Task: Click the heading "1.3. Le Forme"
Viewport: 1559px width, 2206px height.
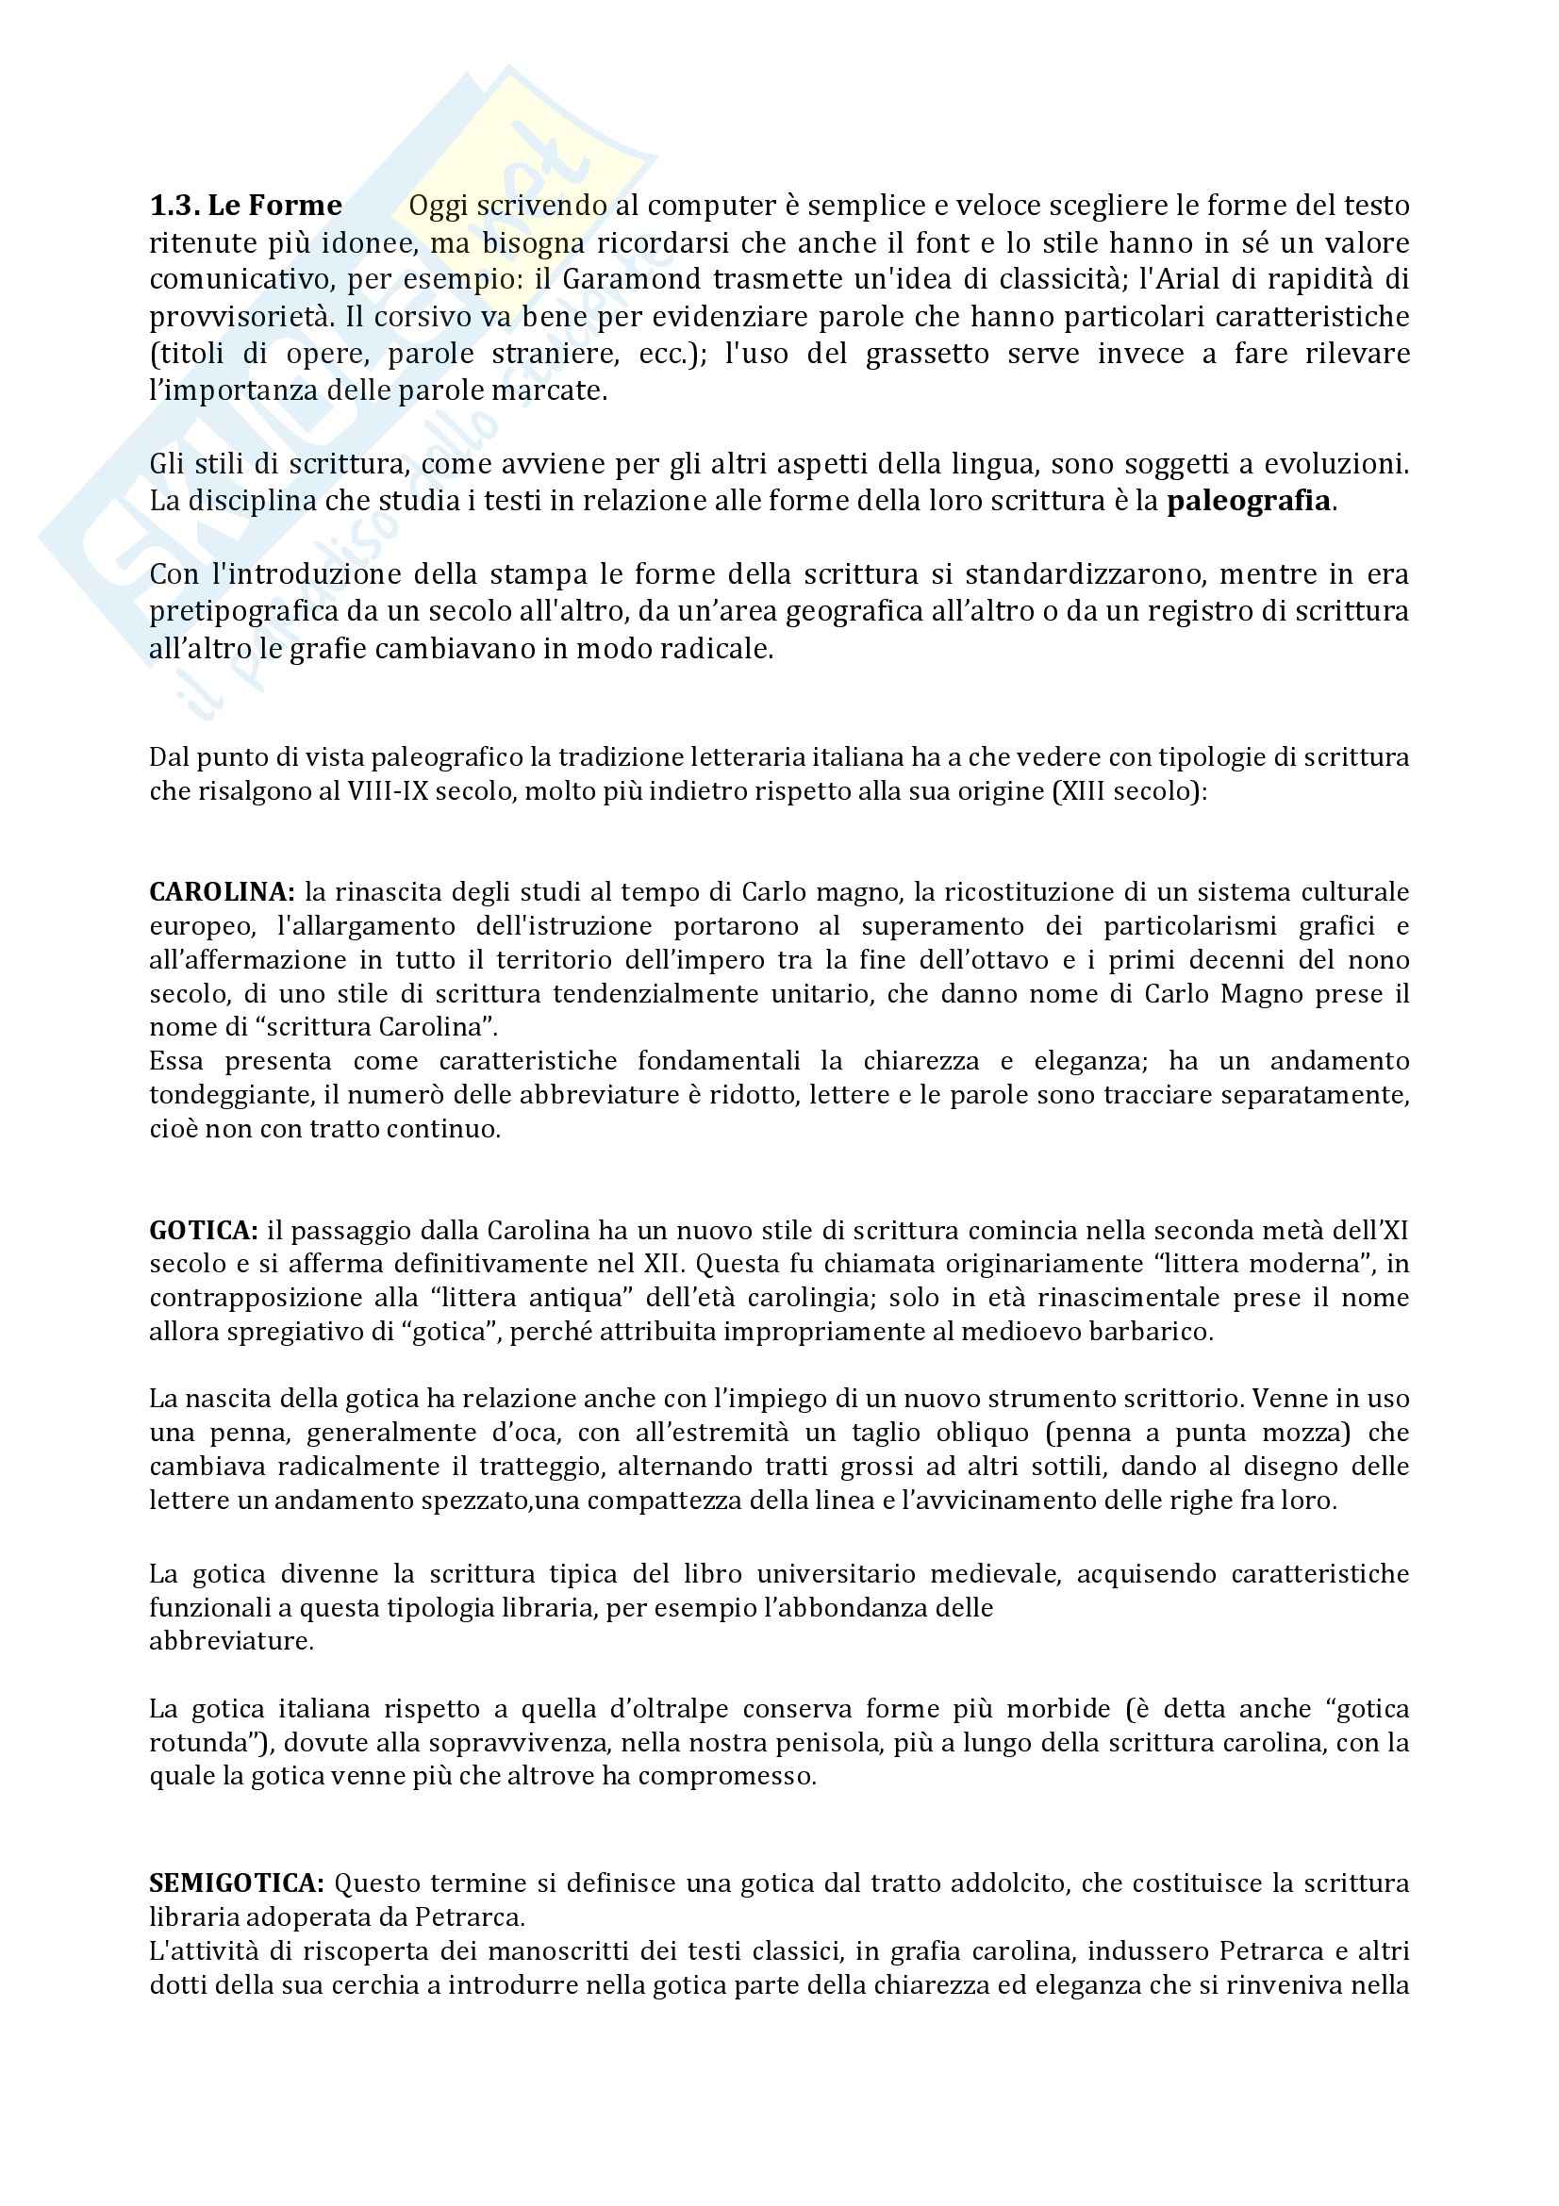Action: click(x=246, y=206)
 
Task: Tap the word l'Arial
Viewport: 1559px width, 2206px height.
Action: click(x=1196, y=279)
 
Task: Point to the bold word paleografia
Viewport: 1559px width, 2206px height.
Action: click(x=1249, y=502)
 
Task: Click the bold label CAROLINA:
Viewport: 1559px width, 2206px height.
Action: click(x=222, y=892)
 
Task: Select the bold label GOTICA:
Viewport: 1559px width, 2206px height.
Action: click(x=203, y=1231)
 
